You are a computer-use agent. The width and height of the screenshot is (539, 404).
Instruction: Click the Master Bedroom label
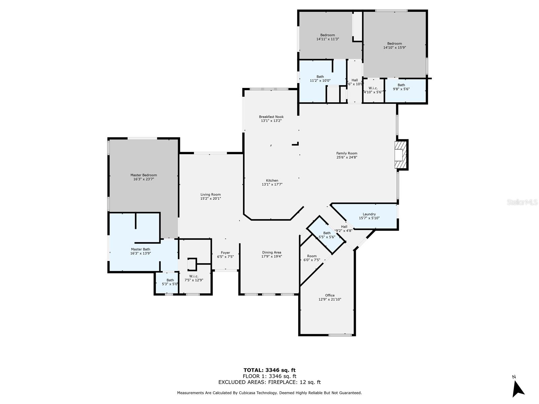[144, 175]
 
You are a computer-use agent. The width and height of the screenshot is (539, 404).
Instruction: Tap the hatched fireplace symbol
[401, 155]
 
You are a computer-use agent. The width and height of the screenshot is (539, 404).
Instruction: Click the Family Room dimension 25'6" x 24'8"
[347, 157]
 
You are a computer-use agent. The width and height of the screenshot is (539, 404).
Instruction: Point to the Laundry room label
[369, 214]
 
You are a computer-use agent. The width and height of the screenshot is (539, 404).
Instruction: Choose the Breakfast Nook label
[271, 117]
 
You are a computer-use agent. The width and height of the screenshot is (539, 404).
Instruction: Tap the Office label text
[330, 295]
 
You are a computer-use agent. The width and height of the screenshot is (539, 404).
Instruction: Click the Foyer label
[225, 252]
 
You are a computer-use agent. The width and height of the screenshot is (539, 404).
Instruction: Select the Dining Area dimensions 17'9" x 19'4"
[272, 257]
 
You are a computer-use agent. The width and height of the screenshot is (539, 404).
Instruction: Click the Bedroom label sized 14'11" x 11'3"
[327, 35]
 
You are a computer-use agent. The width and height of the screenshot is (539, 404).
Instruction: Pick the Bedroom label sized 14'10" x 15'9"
[394, 43]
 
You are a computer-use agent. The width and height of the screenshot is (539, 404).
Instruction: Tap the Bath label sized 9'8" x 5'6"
[401, 85]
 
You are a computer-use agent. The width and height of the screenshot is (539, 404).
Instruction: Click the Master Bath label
[140, 249]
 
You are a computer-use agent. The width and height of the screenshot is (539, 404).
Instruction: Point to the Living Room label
[211, 194]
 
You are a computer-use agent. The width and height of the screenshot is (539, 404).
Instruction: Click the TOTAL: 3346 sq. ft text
[269, 370]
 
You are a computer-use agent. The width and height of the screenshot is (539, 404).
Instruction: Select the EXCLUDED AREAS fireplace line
[269, 382]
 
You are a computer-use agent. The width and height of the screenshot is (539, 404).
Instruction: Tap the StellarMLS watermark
[522, 202]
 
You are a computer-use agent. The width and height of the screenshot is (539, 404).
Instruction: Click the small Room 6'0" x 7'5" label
[312, 256]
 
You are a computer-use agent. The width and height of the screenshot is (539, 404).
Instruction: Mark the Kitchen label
[272, 180]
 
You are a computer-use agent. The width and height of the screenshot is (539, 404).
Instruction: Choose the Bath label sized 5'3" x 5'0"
[170, 280]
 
